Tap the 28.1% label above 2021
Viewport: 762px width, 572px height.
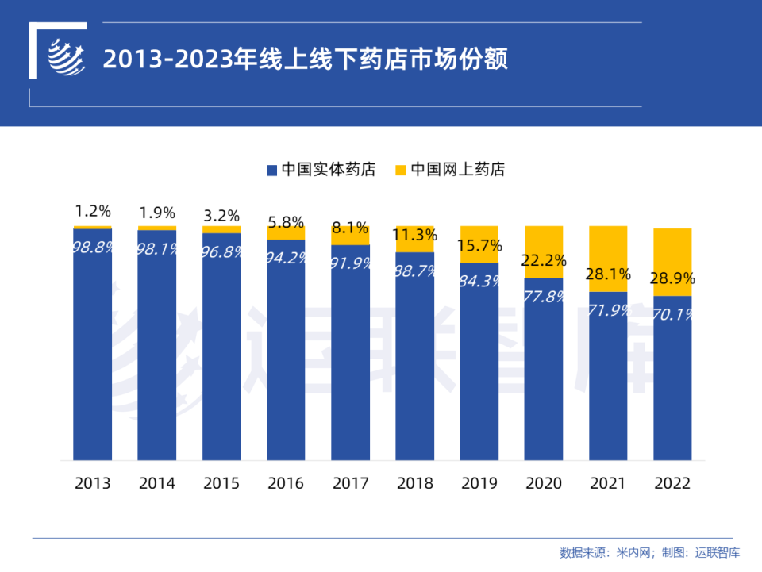coord(608,274)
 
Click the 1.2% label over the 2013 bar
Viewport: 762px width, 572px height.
coord(93,211)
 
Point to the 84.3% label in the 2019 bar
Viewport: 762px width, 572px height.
coord(479,282)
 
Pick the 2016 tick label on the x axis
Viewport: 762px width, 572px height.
coord(286,483)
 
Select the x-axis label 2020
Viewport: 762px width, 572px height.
coord(544,483)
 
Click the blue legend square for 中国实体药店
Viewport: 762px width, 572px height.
coord(271,170)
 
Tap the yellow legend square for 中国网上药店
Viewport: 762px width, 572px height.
coord(401,170)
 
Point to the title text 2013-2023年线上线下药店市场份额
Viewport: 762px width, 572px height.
coord(306,60)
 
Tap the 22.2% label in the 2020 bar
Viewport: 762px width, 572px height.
coord(544,260)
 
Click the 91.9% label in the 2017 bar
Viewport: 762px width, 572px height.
coord(350,263)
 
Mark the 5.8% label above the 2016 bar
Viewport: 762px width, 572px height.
coord(286,223)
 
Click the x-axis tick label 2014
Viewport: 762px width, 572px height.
coord(157,483)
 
